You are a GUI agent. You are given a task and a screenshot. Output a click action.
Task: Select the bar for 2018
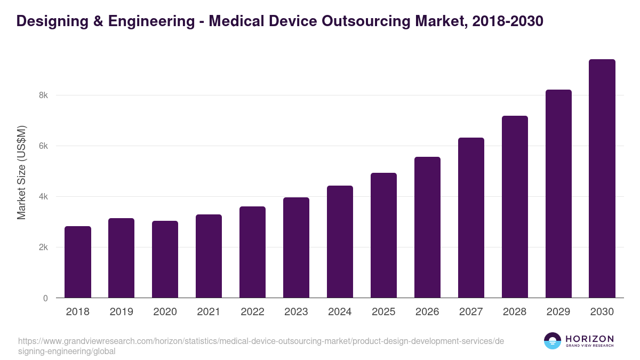(78, 262)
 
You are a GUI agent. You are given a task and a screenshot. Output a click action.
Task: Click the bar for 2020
(165, 259)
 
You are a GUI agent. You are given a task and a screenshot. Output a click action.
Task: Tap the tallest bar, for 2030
(602, 179)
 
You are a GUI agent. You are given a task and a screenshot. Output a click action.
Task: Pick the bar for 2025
(383, 235)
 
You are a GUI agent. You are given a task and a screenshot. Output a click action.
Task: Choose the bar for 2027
(471, 218)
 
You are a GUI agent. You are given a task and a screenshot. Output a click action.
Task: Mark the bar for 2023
(296, 247)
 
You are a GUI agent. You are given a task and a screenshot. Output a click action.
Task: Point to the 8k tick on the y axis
(43, 95)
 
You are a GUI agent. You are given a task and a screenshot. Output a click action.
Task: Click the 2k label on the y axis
(43, 247)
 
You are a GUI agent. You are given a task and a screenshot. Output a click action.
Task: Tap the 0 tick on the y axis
(45, 298)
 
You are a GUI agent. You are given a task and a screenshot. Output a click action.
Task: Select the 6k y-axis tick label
(43, 146)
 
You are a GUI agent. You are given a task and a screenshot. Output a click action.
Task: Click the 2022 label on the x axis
(252, 312)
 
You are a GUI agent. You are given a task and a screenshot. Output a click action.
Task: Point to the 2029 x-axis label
(558, 312)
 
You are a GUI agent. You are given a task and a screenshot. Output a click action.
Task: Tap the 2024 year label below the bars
(340, 312)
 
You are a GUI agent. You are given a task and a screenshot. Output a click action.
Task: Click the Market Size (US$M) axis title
(22, 172)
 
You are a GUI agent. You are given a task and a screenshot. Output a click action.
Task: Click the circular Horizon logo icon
(552, 341)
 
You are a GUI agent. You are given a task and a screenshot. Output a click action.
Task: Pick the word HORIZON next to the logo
(589, 339)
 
